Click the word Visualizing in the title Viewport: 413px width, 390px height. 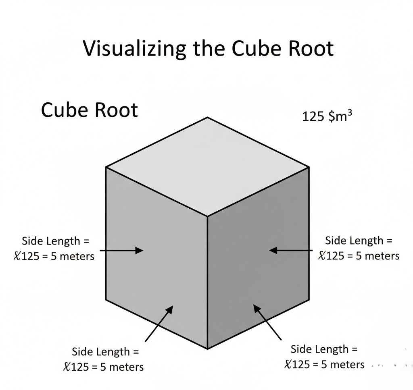coord(134,49)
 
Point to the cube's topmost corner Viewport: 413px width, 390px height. coord(207,117)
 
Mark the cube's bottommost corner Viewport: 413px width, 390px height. coord(207,349)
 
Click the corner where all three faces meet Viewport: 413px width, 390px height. coord(207,216)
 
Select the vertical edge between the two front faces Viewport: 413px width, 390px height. coord(207,282)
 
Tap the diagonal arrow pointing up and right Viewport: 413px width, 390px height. coord(158,323)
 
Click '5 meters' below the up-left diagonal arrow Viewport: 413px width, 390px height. coord(342,364)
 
